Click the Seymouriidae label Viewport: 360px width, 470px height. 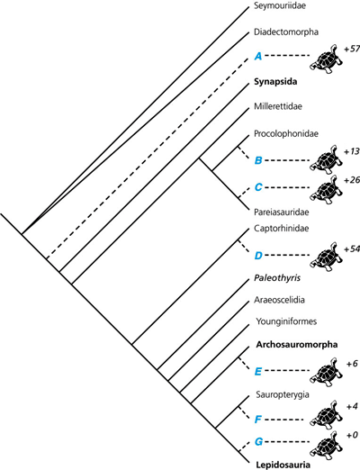point(280,5)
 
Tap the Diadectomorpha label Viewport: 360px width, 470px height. point(286,32)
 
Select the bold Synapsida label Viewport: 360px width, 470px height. point(275,82)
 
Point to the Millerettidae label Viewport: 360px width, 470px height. point(278,106)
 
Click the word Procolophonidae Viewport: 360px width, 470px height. point(286,133)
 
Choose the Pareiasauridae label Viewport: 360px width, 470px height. point(282,212)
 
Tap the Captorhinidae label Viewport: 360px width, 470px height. point(282,229)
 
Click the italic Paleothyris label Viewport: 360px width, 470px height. point(277,278)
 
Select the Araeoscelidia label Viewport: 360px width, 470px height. point(279,300)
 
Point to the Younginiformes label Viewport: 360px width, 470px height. point(286,321)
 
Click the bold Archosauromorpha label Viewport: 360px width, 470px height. point(297,345)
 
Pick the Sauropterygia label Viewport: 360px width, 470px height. point(283,394)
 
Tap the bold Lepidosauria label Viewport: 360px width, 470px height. point(283,465)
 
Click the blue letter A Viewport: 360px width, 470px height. point(258,56)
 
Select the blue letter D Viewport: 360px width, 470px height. point(258,256)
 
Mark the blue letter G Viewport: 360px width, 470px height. point(258,441)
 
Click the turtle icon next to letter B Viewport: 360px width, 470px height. point(326,159)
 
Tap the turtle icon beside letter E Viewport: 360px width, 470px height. point(326,372)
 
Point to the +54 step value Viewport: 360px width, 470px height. point(352,249)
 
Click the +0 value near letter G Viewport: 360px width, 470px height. point(352,435)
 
